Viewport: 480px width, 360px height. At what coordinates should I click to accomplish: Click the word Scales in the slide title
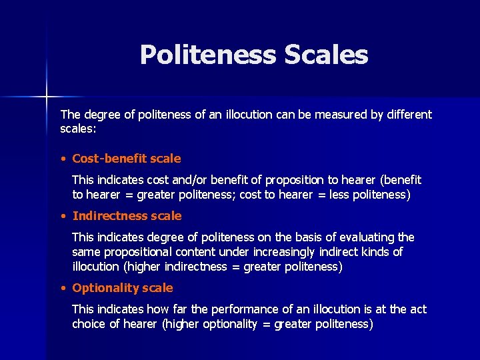tap(326, 55)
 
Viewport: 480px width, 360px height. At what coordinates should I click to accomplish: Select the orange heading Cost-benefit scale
tap(127, 159)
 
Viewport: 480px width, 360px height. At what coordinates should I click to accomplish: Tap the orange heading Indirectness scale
tap(127, 216)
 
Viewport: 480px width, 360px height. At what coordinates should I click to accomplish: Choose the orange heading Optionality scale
tap(123, 288)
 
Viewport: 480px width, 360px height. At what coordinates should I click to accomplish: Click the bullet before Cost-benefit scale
tap(62, 159)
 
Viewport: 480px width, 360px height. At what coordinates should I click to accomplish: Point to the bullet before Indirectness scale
tap(62, 216)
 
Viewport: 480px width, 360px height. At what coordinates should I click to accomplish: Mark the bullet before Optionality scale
tap(62, 288)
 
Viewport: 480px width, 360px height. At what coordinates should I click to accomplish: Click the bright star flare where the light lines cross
tap(47, 97)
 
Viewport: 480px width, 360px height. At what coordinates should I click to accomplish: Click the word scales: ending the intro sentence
tap(79, 128)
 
